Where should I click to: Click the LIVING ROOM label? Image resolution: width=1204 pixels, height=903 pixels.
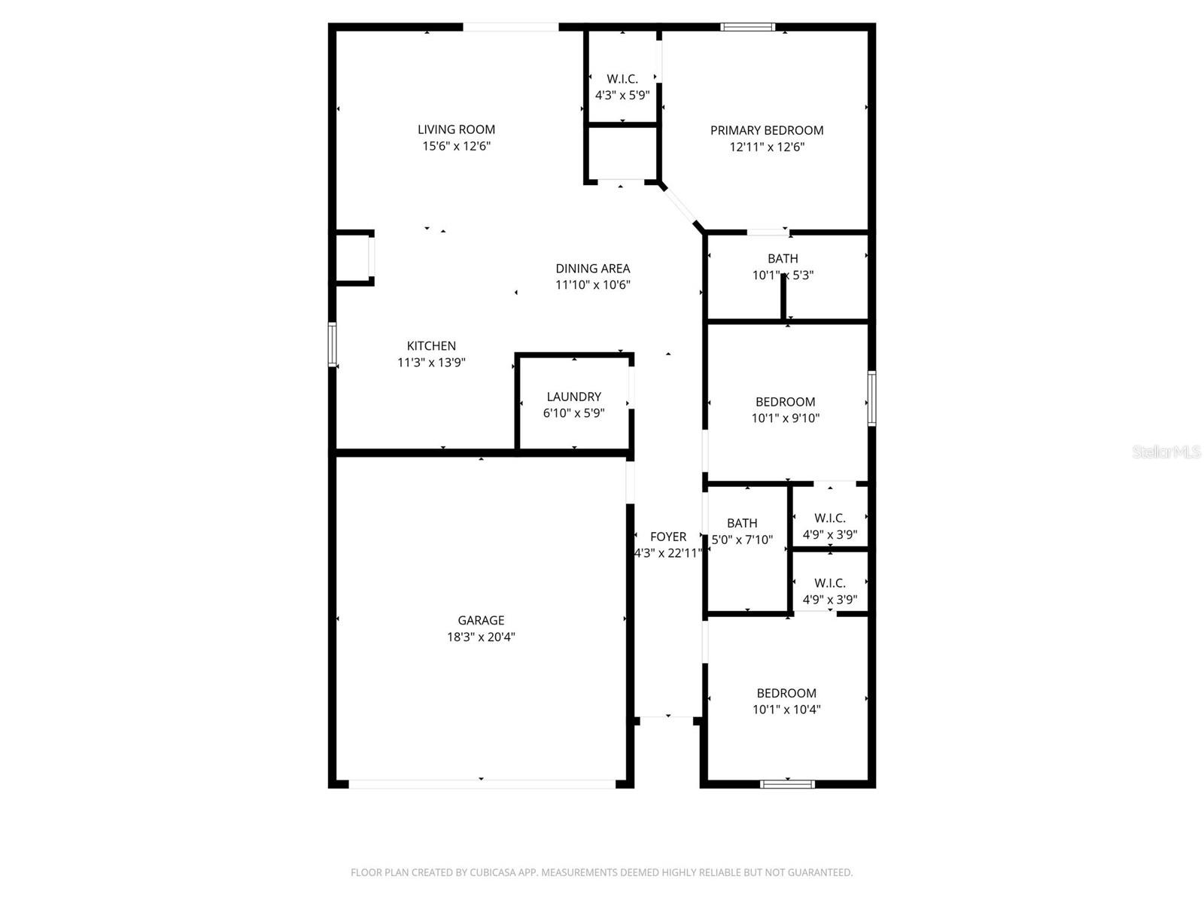coord(456,129)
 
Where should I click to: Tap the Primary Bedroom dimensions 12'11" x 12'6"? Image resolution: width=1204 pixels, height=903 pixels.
coord(767,147)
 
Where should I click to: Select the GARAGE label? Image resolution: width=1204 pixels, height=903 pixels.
coord(481,620)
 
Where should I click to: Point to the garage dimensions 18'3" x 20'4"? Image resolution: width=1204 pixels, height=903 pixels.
coord(481,637)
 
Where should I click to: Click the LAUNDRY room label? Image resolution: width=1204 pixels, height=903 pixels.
coord(573,397)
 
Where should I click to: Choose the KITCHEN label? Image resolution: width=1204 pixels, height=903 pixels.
coord(431,345)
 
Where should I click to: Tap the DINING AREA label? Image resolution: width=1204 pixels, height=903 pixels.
coord(592,268)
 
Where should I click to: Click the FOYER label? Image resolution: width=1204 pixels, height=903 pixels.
coord(668,537)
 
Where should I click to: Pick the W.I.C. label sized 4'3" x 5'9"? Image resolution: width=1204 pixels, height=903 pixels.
coord(622,79)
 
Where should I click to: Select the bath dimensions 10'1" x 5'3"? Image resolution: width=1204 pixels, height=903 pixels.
coord(783,275)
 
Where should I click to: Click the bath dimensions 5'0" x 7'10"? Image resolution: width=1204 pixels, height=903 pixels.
coord(742,540)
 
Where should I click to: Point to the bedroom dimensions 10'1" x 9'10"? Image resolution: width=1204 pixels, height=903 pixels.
coord(785,418)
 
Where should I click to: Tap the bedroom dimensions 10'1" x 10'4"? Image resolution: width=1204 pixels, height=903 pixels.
coord(786,710)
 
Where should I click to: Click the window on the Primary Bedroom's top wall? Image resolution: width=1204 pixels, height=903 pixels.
coord(747,27)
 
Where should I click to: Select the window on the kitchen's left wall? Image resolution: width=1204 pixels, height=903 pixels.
coord(332,345)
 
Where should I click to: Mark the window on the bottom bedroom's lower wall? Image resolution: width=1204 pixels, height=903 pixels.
coord(787,784)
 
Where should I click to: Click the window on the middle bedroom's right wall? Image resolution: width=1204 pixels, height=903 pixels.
coord(871,398)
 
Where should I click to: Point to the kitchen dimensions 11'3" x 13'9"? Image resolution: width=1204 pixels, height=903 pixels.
coord(431,363)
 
